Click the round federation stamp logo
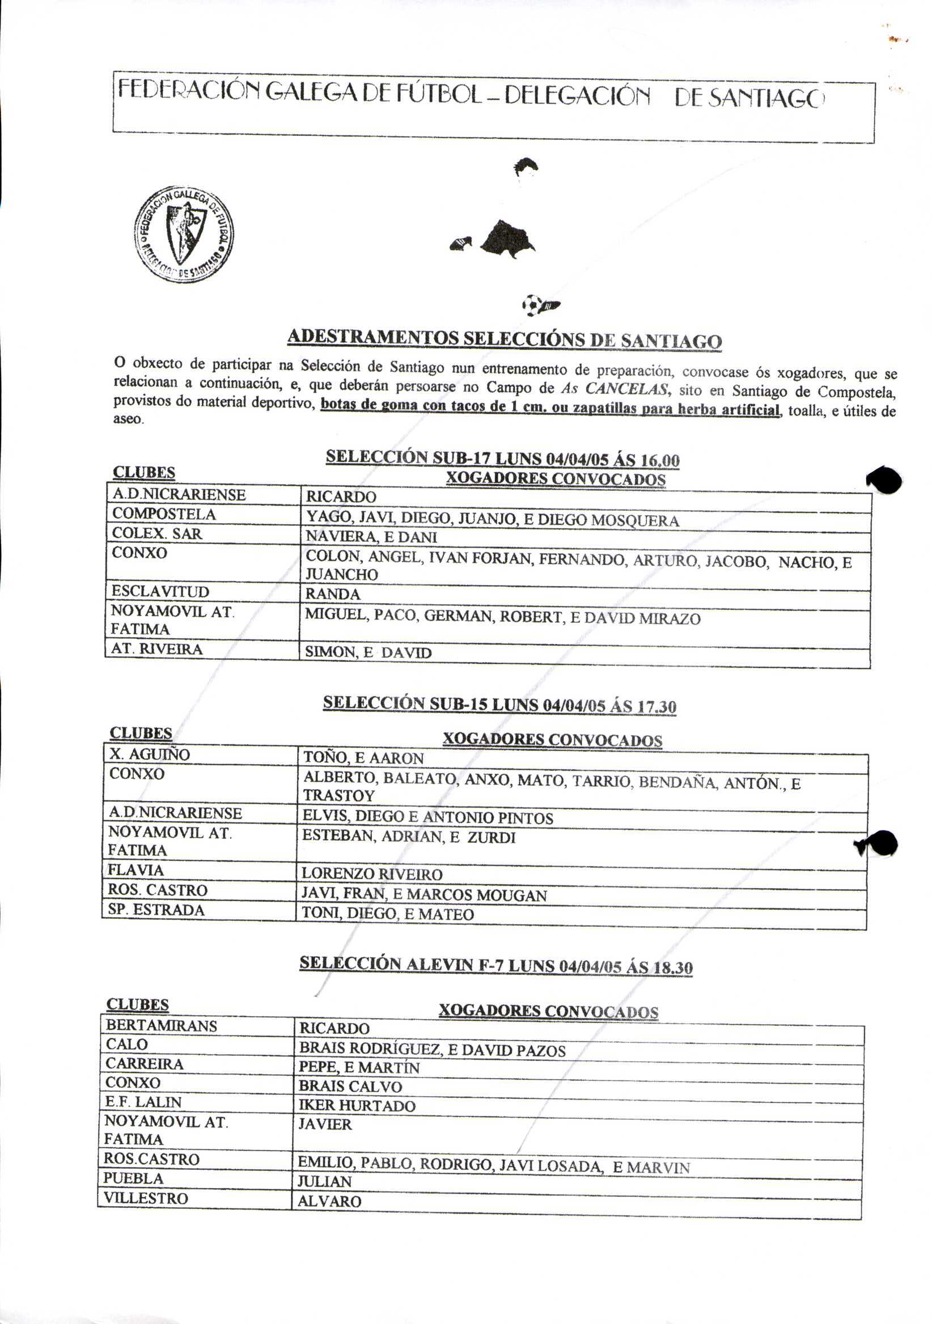tap(184, 234)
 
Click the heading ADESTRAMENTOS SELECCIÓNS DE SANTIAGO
tap(504, 338)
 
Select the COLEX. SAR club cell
tap(157, 534)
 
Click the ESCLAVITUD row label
tap(160, 592)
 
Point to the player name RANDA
tap(333, 594)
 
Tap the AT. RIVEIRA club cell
tap(157, 650)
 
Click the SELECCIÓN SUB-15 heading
tap(499, 705)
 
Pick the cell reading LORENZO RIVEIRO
tap(371, 874)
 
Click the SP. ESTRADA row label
tap(156, 910)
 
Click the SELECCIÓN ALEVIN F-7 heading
tap(495, 965)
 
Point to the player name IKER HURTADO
tap(357, 1105)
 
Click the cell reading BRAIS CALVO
tap(350, 1087)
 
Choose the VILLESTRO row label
tap(145, 1198)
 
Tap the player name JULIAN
tap(324, 1182)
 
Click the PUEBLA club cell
tap(133, 1179)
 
